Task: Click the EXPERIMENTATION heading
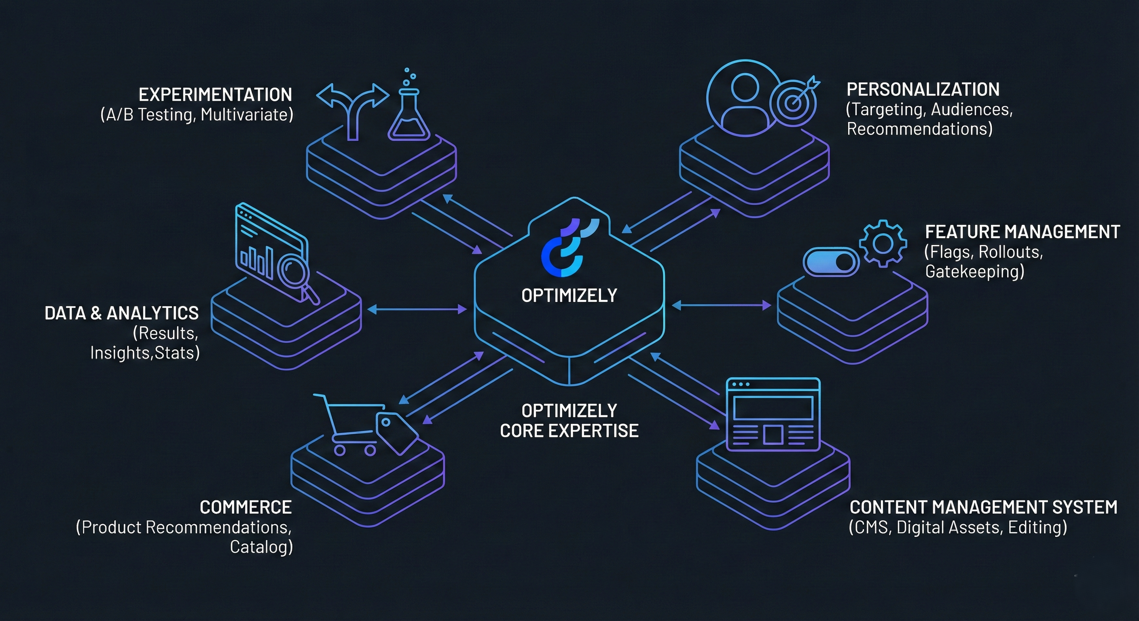(215, 95)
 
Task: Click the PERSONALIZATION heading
(923, 90)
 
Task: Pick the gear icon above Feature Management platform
(883, 243)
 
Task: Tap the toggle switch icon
(831, 262)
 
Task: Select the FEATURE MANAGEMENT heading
(1022, 232)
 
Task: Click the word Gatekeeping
(974, 271)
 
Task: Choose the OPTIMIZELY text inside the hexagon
(569, 296)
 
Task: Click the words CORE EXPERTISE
(569, 431)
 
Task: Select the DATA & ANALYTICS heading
(122, 313)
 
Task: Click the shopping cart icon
(349, 425)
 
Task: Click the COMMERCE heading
(246, 507)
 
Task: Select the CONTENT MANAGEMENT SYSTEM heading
(983, 507)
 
